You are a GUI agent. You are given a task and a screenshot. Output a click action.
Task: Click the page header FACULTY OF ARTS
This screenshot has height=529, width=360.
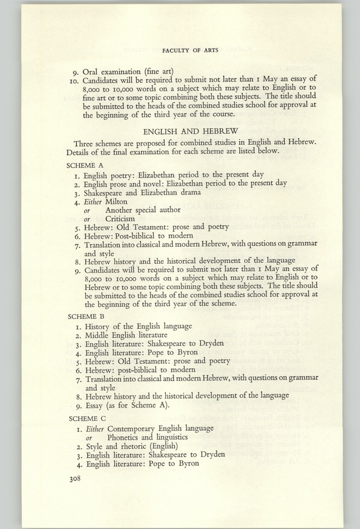(189, 51)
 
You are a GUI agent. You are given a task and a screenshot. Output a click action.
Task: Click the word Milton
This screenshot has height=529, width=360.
(116, 201)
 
